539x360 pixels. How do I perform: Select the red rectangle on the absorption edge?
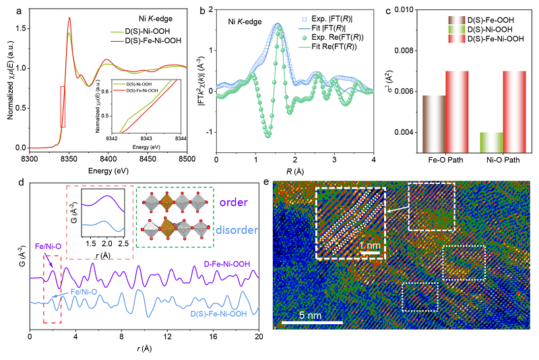pyautogui.click(x=63, y=107)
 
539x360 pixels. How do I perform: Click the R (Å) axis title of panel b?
pyautogui.click(x=294, y=171)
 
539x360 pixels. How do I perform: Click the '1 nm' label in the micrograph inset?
pyautogui.click(x=368, y=245)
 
